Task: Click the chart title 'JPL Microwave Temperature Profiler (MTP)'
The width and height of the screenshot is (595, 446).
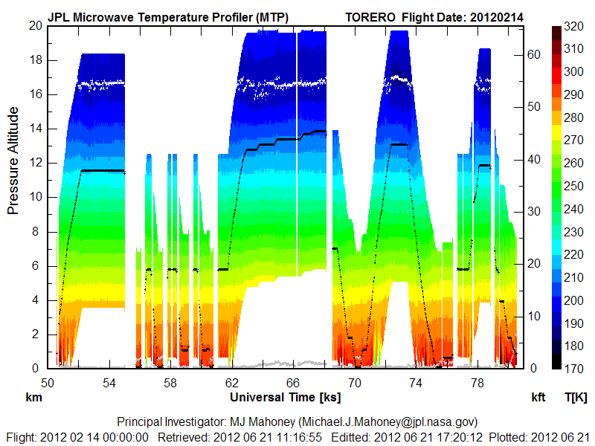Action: coord(167,16)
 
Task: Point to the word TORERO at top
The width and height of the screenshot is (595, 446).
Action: coord(373,16)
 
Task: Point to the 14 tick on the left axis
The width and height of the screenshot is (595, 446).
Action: coord(34,129)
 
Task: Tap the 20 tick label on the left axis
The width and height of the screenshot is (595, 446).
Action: coord(34,25)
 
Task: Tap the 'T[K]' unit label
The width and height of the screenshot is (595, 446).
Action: coord(576,397)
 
